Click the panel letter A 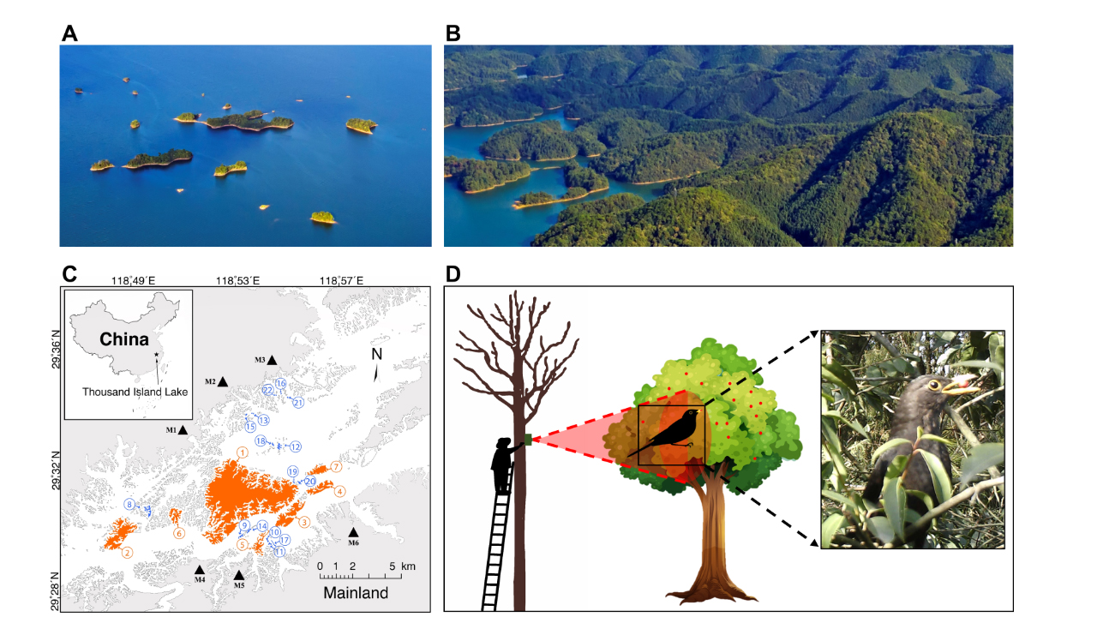[x=70, y=33]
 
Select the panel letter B [x=453, y=33]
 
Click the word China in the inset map [x=124, y=338]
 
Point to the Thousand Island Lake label [x=135, y=392]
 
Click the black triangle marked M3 [x=272, y=361]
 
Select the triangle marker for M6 [x=353, y=532]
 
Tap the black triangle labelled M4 [x=200, y=570]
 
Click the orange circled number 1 [x=243, y=452]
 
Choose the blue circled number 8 [x=129, y=505]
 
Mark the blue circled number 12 [x=295, y=446]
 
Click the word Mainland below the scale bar [x=356, y=593]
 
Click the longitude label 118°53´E [x=238, y=280]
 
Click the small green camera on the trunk [x=529, y=441]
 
